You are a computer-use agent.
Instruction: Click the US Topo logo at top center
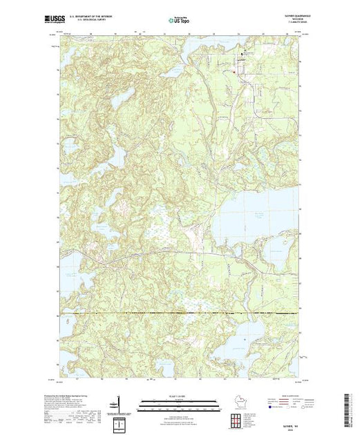click(179, 21)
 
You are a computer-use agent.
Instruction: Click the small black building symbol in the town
click(242, 55)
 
